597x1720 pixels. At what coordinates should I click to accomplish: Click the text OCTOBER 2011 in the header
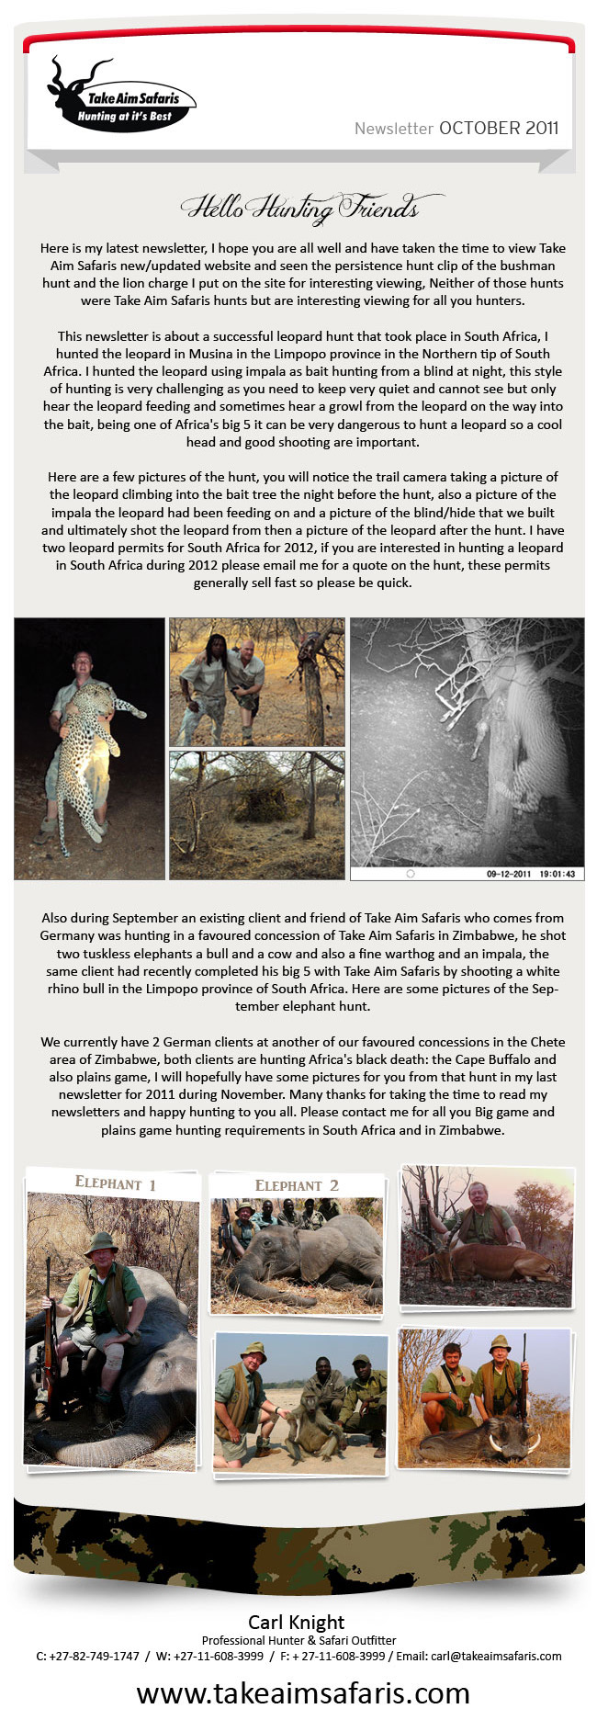[498, 128]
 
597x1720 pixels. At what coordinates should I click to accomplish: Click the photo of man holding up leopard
[89, 748]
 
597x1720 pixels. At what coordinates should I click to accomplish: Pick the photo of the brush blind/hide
[256, 814]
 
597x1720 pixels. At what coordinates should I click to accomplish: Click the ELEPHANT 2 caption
[297, 1185]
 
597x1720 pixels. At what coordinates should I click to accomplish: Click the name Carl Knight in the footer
[297, 1622]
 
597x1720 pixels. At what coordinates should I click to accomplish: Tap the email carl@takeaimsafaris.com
[496, 1656]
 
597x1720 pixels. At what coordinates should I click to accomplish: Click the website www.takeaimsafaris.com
[303, 1692]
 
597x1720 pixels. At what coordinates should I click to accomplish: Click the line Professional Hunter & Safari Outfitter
[298, 1640]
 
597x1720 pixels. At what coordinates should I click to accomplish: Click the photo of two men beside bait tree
[256, 681]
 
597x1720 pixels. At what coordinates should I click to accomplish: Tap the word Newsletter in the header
[393, 129]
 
